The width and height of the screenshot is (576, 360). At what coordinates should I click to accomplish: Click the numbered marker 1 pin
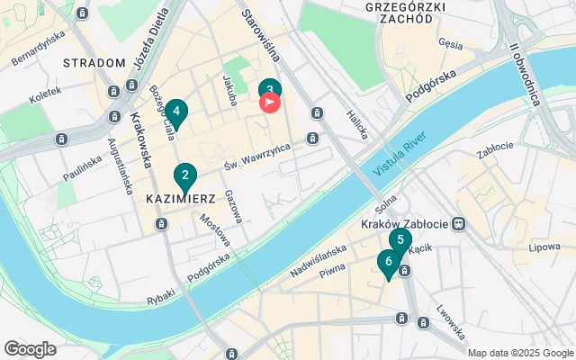click(268, 89)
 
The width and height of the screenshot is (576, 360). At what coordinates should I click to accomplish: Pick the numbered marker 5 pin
click(400, 240)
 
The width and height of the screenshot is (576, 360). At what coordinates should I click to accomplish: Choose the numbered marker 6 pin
click(388, 262)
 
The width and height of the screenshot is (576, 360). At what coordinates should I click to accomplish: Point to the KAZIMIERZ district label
click(178, 195)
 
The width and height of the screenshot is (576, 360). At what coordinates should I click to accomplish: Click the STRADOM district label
click(94, 63)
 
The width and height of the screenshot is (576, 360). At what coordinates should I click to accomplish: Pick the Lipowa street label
click(545, 246)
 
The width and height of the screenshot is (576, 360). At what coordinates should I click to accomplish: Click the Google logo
click(30, 349)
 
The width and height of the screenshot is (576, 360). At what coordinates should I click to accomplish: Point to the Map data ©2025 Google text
click(519, 353)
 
